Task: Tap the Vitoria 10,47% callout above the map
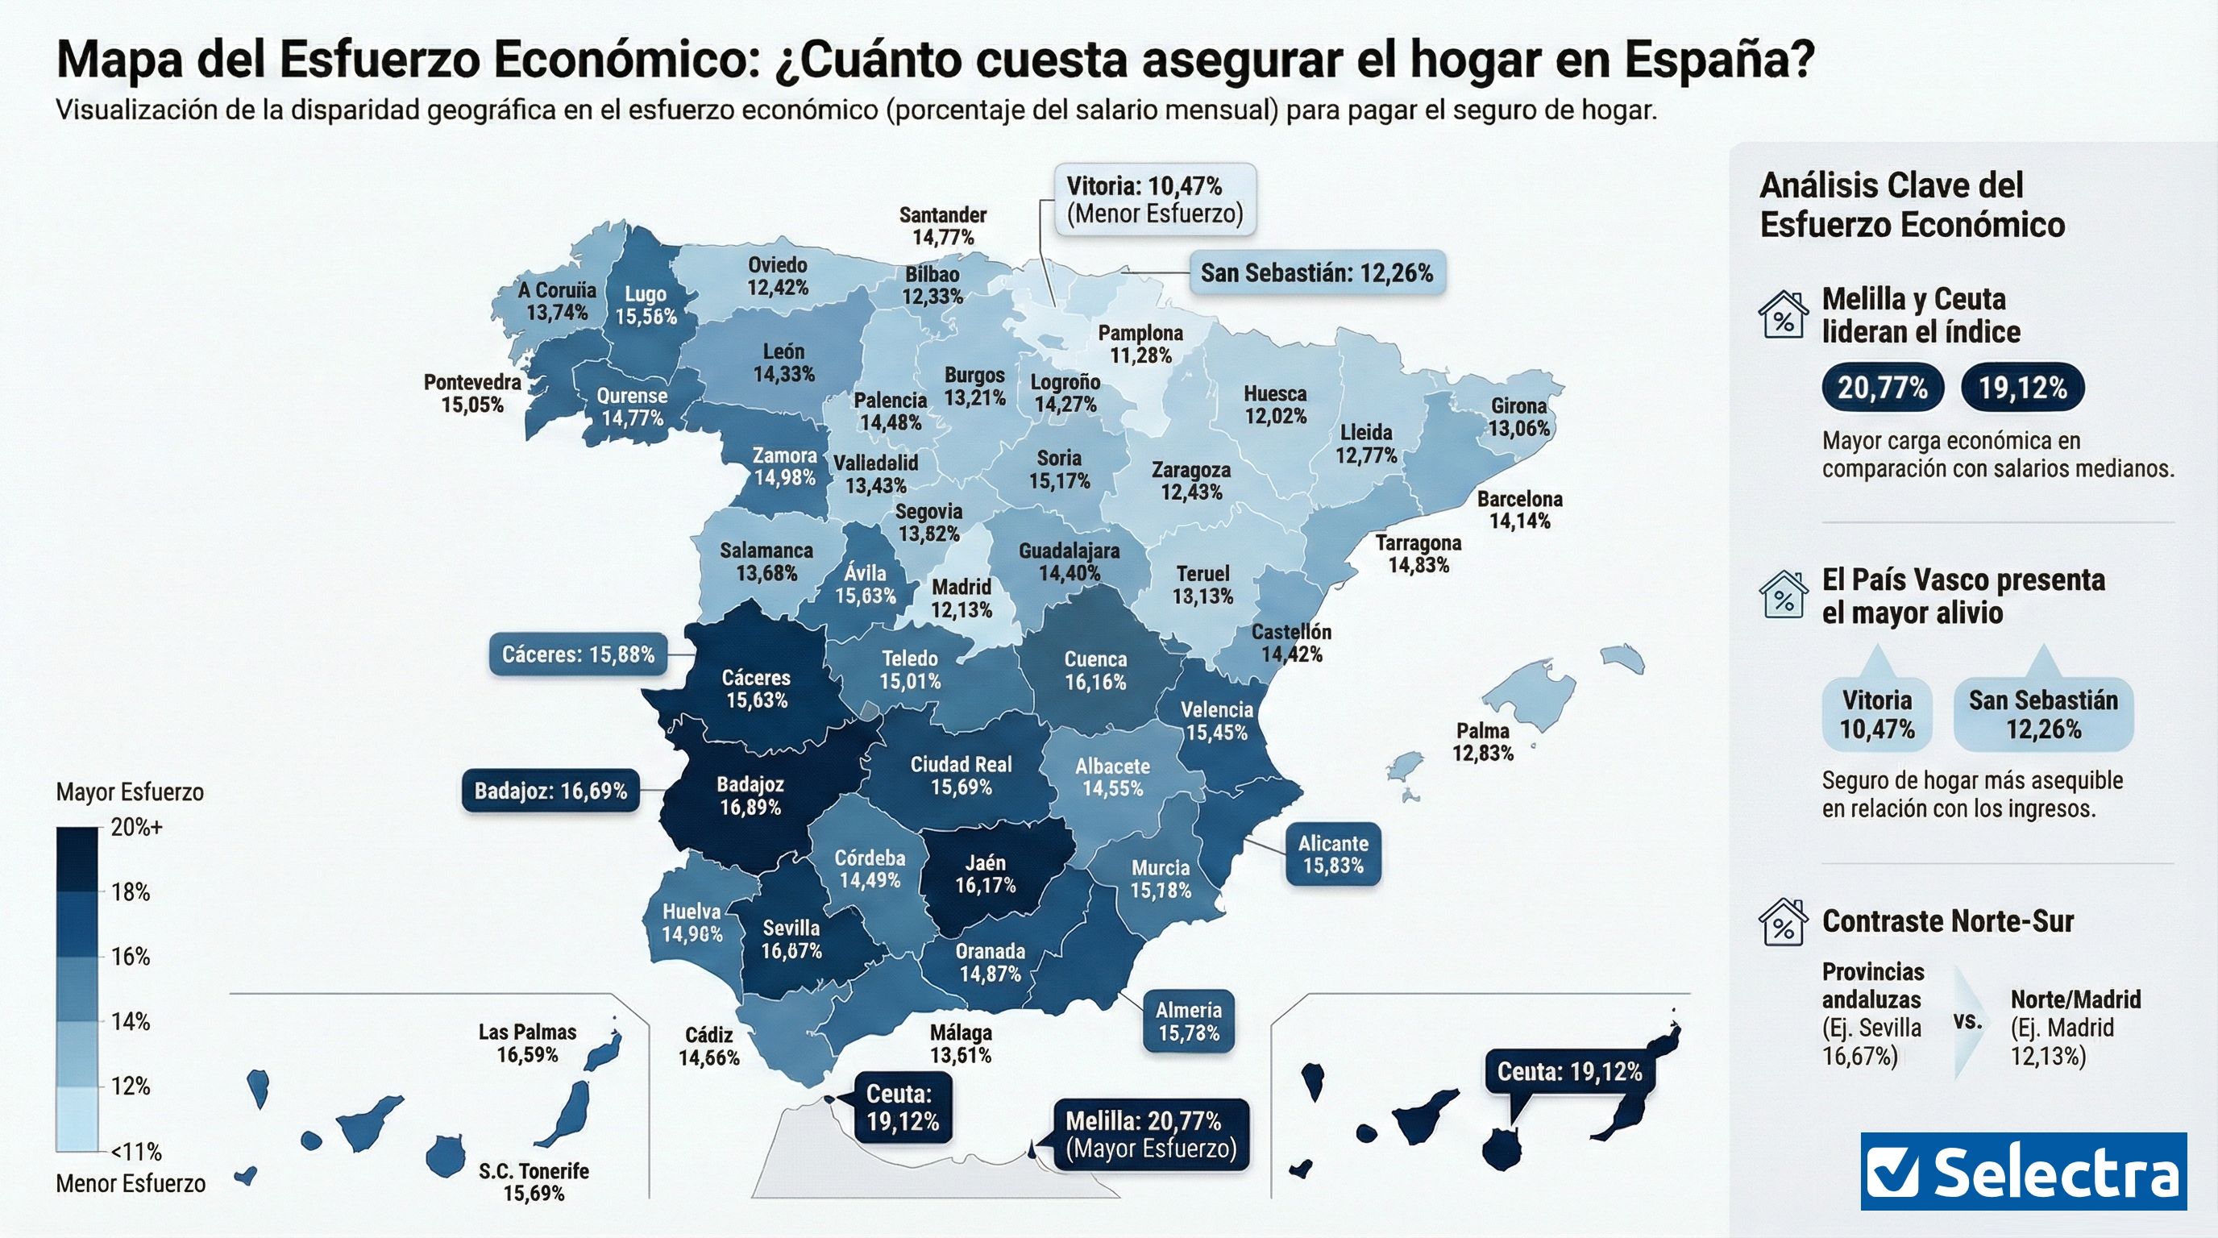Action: coord(1154,200)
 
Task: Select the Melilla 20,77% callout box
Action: coord(1150,1134)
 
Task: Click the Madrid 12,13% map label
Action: coord(962,598)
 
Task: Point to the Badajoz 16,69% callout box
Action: coord(550,791)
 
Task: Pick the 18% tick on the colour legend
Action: coord(130,892)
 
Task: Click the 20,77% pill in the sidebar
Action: coord(1882,388)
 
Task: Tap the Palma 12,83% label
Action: coord(1483,742)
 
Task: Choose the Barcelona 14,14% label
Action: coord(1520,509)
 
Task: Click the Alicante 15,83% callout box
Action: coord(1333,854)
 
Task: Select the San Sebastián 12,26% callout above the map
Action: coord(1316,274)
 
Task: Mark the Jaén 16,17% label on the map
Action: coord(985,873)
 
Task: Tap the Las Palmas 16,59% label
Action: coord(527,1043)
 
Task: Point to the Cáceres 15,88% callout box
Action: coord(579,654)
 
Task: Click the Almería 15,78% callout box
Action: coord(1188,1020)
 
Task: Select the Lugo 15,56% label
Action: coord(646,305)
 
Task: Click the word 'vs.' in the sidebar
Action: coord(1968,1021)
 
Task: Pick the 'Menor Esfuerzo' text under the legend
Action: coord(130,1184)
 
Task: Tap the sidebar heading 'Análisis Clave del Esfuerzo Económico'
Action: coord(1912,205)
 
